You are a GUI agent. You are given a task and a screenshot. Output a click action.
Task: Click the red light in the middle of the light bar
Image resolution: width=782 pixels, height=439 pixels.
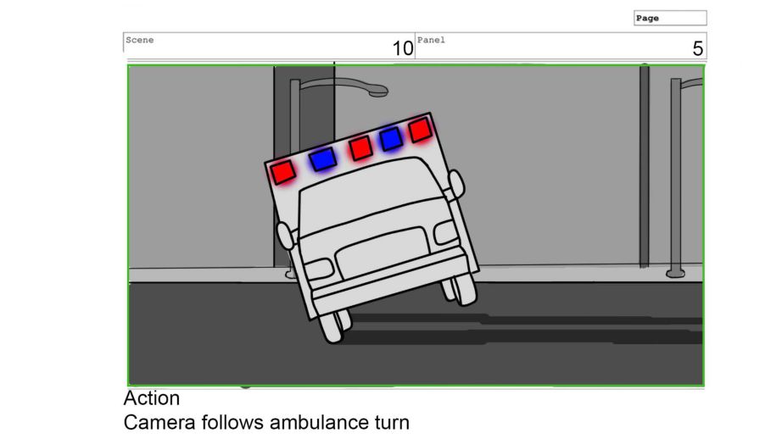(x=360, y=148)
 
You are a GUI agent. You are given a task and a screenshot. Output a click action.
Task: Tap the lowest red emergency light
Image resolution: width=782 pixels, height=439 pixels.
(x=282, y=171)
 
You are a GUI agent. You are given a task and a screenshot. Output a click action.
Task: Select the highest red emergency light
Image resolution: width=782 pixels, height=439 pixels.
(x=421, y=130)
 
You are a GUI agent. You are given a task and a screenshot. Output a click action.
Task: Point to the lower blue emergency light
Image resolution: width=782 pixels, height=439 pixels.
(x=322, y=159)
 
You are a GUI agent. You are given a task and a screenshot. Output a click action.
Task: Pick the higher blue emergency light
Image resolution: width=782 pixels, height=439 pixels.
(x=391, y=138)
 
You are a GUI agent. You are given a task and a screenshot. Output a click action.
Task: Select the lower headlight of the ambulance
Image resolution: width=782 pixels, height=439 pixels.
(x=319, y=270)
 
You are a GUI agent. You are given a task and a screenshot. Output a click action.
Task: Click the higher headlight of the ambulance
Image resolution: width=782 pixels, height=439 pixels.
(x=446, y=231)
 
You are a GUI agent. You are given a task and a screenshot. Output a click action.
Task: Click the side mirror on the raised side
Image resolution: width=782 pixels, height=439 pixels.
(x=456, y=185)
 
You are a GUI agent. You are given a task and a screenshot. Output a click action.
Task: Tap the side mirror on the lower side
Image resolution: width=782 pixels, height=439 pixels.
(x=285, y=236)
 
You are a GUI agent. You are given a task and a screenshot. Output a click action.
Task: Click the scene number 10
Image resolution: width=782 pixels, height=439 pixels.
(x=403, y=48)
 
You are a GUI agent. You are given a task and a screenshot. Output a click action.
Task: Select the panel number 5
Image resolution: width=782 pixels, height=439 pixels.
(x=698, y=48)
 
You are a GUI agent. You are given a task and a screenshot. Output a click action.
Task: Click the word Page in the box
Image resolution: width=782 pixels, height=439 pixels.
(x=647, y=19)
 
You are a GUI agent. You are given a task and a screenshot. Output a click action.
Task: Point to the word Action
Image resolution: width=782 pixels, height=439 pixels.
(x=152, y=398)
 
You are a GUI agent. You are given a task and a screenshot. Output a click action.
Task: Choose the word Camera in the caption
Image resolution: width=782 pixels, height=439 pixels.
(x=159, y=423)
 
